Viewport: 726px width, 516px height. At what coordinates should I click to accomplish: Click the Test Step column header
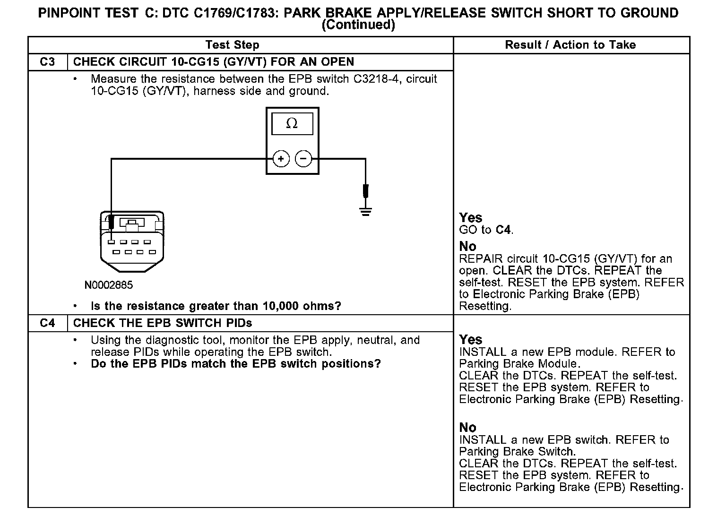pyautogui.click(x=232, y=45)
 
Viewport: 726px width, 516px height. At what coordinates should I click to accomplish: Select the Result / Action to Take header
pyautogui.click(x=570, y=45)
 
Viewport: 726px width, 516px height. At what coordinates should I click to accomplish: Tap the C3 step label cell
pyautogui.click(x=47, y=62)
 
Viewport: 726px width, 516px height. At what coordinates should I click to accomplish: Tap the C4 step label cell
pyautogui.click(x=47, y=323)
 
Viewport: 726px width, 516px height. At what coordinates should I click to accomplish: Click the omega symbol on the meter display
pyautogui.click(x=292, y=124)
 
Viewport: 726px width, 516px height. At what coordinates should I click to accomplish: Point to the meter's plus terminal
pyautogui.click(x=281, y=159)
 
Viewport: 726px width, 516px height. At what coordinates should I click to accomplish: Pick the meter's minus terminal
pyautogui.click(x=303, y=159)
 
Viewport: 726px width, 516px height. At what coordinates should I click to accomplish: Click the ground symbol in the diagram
pyautogui.click(x=365, y=210)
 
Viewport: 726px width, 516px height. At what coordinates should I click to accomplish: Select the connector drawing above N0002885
pyautogui.click(x=132, y=241)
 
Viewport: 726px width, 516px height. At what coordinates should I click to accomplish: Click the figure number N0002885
pyautogui.click(x=109, y=285)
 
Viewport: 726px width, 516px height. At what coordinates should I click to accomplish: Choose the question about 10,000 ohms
pyautogui.click(x=216, y=306)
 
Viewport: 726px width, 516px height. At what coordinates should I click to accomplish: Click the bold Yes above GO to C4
pyautogui.click(x=471, y=218)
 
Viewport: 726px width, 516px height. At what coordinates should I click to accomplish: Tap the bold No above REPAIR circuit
pyautogui.click(x=468, y=246)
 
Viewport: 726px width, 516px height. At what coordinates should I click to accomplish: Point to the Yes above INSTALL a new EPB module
pyautogui.click(x=471, y=340)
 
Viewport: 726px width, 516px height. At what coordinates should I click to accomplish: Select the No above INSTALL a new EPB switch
pyautogui.click(x=468, y=428)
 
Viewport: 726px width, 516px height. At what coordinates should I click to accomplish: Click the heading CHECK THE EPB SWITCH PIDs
pyautogui.click(x=163, y=323)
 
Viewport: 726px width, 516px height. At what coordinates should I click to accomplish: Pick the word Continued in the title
pyautogui.click(x=358, y=25)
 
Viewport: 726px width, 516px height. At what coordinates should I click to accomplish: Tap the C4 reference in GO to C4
pyautogui.click(x=503, y=230)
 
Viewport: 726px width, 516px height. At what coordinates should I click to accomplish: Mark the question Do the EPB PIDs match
pyautogui.click(x=235, y=364)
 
